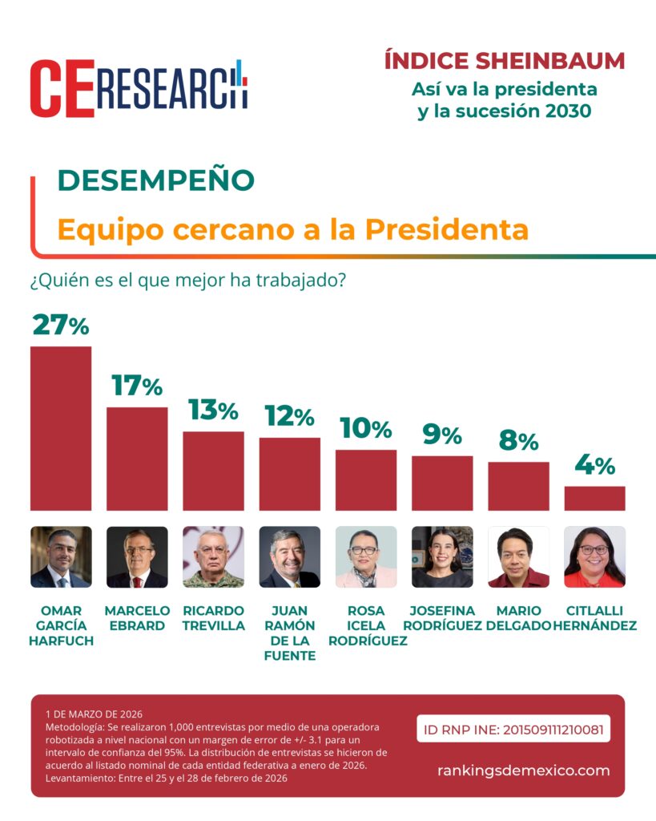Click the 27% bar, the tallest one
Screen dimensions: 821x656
61,428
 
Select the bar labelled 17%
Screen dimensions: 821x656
137,459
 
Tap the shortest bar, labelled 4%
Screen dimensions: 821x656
594,498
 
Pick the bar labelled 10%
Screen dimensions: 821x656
366,479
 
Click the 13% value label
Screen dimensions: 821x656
213,410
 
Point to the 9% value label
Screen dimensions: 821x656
442,435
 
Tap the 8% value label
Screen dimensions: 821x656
518,441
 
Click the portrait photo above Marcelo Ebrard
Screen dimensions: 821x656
137,557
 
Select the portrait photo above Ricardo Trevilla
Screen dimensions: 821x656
213,557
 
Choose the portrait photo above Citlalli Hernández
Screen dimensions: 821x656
594,557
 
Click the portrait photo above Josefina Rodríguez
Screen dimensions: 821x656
442,557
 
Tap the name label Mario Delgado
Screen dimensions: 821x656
518,618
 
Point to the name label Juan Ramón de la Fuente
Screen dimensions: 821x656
290,633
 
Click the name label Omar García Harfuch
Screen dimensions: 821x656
61,625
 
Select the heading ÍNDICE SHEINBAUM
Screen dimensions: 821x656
505,61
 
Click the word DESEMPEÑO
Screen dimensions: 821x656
155,180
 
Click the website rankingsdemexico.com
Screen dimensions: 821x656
523,770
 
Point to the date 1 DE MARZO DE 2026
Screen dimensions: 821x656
94,714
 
